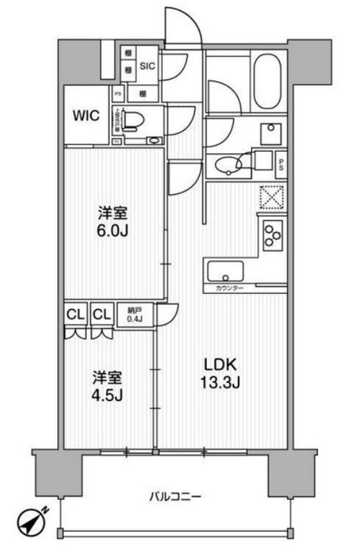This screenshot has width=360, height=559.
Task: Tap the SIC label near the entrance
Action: pos(148,67)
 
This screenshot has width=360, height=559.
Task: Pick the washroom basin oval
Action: pos(227,165)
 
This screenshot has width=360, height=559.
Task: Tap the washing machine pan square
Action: pos(269,132)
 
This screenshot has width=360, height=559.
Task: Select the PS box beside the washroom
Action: pos(280,163)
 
